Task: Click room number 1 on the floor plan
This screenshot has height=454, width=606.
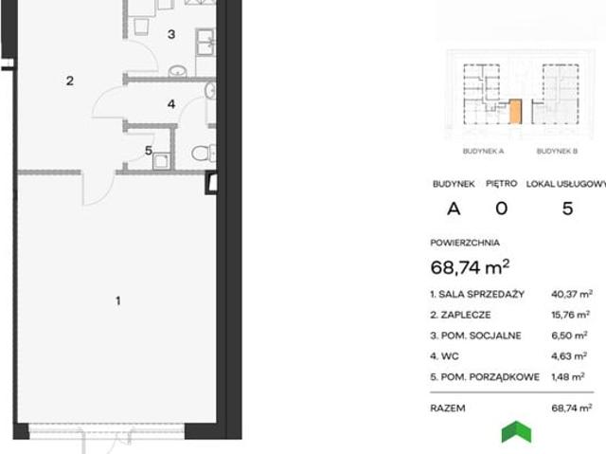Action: [x=118, y=300]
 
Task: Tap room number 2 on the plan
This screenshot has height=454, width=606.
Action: [x=69, y=81]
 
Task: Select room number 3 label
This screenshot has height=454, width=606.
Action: [x=171, y=34]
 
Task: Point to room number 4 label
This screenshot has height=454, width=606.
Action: [x=171, y=103]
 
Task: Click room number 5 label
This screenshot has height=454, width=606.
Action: [x=149, y=151]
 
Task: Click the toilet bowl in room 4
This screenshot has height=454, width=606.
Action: [x=203, y=154]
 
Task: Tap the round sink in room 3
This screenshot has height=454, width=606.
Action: [x=178, y=71]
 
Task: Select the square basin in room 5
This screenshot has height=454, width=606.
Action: [x=161, y=161]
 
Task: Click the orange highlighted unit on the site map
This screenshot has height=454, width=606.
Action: [x=515, y=112]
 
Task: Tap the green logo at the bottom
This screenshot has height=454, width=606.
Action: [x=516, y=431]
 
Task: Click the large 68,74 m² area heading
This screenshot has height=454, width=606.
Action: [x=470, y=267]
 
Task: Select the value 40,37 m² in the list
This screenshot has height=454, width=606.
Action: [x=572, y=294]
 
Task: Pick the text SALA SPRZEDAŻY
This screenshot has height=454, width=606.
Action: [x=482, y=294]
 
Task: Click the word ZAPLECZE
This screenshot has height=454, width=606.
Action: [x=466, y=315]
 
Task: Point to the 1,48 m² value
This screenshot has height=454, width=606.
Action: [x=568, y=376]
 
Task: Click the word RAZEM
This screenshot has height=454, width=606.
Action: [x=448, y=408]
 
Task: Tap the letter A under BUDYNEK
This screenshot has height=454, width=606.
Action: [x=454, y=209]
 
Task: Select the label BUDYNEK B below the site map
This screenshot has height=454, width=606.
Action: [x=557, y=152]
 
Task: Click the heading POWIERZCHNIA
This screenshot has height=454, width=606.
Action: [x=465, y=243]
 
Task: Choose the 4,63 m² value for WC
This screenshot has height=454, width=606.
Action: [x=569, y=355]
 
